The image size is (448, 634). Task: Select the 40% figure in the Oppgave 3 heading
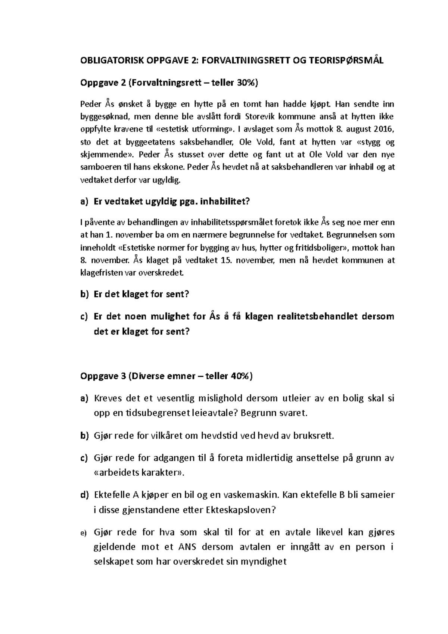click(241, 376)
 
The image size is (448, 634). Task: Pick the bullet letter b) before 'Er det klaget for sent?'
click(84, 294)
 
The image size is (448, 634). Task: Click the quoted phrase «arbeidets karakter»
click(139, 473)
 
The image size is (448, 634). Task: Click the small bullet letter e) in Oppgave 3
click(83, 533)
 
